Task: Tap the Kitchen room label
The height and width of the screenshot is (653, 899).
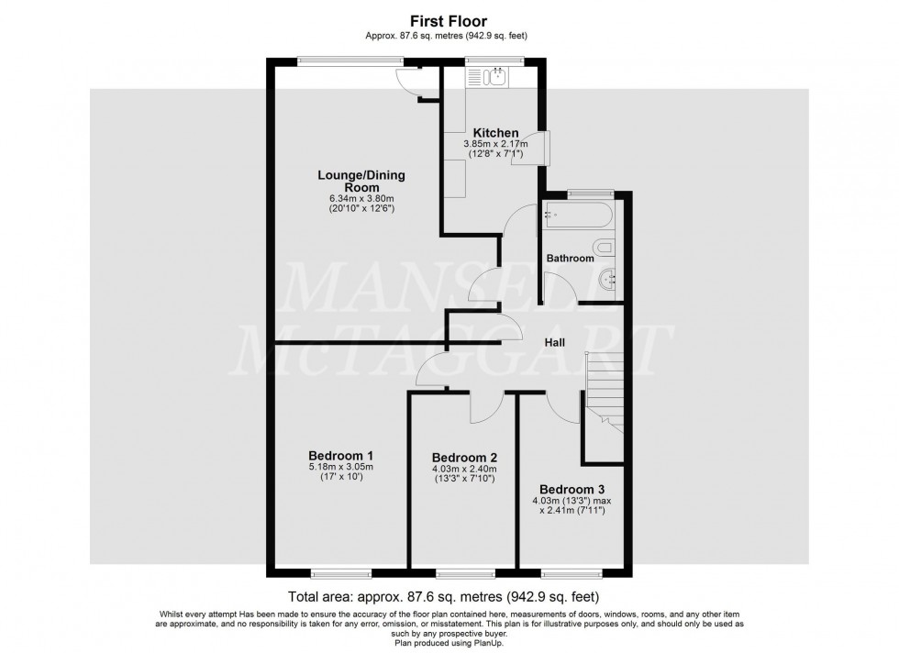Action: [495, 133]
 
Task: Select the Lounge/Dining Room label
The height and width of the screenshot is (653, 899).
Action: [361, 181]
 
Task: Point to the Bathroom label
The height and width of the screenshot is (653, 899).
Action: [570, 259]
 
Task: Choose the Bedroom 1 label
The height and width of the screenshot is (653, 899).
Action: [340, 455]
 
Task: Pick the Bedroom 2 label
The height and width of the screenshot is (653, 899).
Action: [464, 458]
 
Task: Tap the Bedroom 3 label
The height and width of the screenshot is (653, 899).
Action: [571, 489]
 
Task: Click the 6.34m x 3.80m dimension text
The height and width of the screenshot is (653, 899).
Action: [361, 198]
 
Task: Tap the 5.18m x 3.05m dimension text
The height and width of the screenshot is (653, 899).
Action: [340, 467]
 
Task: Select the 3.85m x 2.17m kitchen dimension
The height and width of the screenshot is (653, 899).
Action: [496, 144]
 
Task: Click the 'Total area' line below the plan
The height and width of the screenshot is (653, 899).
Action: [449, 593]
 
